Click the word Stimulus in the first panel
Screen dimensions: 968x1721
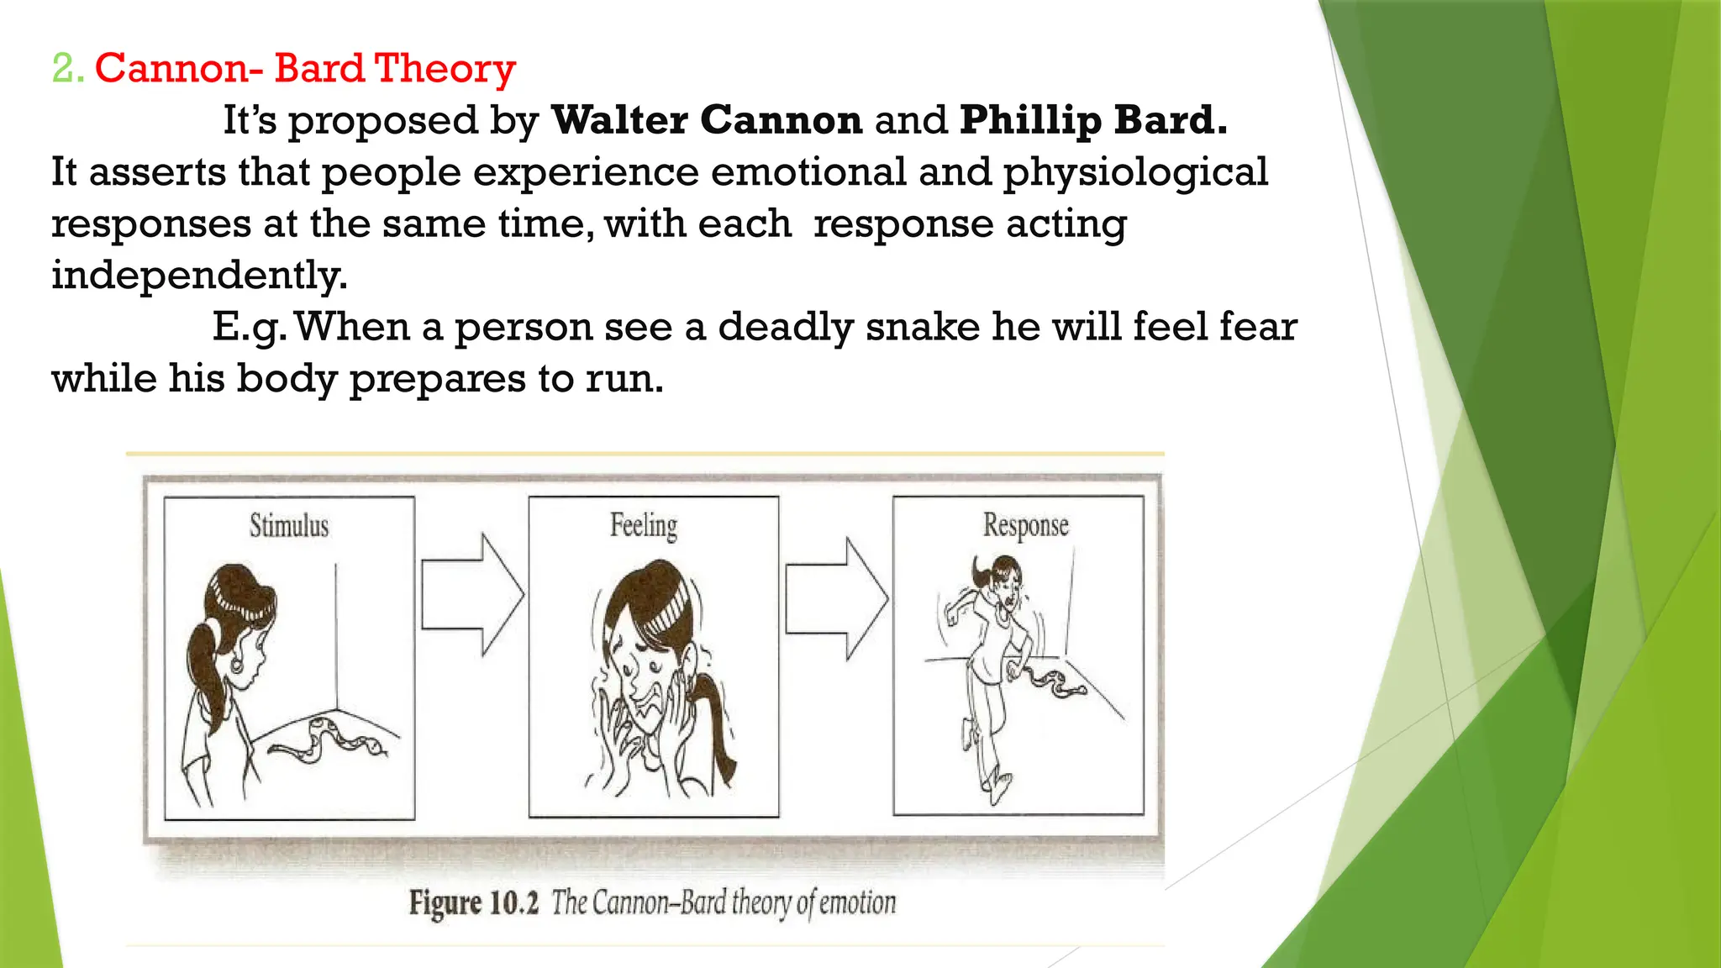tap(289, 526)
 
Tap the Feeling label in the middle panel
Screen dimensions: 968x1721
tap(644, 526)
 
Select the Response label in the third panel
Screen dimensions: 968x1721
tap(1026, 526)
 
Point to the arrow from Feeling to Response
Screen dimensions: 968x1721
tap(836, 598)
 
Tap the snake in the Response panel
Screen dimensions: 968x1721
tap(1051, 681)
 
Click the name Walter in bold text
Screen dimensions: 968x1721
tap(618, 120)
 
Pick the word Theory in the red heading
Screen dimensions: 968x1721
tap(445, 69)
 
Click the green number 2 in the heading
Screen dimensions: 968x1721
tap(64, 69)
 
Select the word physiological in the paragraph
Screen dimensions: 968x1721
tap(1135, 173)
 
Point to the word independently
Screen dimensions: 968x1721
tap(198, 276)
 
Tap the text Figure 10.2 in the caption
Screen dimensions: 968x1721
tap(473, 903)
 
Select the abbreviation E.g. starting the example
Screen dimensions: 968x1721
tap(249, 328)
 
